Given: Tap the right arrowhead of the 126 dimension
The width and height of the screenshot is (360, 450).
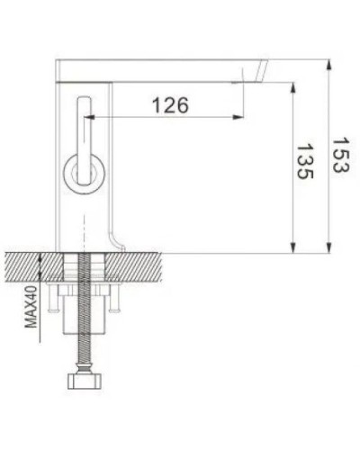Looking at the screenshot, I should click(x=240, y=117).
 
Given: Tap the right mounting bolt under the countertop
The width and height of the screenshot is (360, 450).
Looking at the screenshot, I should click(x=118, y=301).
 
